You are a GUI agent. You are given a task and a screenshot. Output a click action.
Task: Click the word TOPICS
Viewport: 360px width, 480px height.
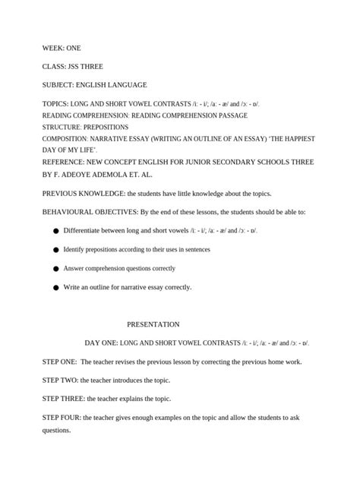(55, 103)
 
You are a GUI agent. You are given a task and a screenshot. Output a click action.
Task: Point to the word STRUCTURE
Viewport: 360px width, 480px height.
(60, 127)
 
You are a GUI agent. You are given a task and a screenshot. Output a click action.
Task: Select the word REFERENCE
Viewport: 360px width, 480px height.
(61, 163)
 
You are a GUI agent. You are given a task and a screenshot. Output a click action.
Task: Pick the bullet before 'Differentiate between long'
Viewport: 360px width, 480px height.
(55, 231)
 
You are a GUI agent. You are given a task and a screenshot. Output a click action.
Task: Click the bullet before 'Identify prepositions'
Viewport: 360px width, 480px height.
(55, 250)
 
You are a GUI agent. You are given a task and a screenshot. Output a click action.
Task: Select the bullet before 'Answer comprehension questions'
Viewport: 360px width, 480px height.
(55, 269)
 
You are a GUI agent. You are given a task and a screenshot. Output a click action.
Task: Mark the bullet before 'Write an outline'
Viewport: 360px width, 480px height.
(55, 288)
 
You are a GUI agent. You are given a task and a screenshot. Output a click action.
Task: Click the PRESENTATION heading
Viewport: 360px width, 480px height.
(153, 324)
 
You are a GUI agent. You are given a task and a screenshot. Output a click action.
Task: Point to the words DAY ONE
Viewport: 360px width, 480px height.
(100, 343)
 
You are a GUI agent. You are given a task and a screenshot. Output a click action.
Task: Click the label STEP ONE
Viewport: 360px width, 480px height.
(59, 362)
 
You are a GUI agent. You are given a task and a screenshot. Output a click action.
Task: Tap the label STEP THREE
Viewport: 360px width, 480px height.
(63, 399)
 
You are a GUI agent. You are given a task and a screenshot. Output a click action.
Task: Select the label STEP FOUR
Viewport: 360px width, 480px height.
(62, 418)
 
